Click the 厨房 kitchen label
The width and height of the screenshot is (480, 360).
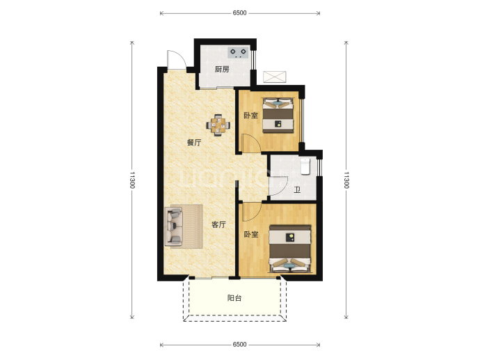[222, 70]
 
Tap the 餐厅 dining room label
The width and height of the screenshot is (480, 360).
[194, 143]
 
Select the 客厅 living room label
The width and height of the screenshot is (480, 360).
[219, 225]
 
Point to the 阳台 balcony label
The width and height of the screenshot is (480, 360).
[234, 298]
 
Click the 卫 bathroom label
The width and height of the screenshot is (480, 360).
[297, 190]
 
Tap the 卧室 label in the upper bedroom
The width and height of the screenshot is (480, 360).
[250, 116]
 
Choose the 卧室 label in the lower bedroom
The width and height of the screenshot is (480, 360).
[251, 235]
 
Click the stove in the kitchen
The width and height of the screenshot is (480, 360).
[238, 52]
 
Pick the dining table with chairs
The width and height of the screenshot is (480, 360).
[218, 125]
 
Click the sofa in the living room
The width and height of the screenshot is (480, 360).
[174, 226]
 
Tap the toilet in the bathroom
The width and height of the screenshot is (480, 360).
[305, 166]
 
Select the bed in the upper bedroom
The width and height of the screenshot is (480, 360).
[278, 115]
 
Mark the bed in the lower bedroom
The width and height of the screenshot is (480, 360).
[290, 249]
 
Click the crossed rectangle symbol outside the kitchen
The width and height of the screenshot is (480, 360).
[275, 77]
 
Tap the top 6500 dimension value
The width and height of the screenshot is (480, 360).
[239, 13]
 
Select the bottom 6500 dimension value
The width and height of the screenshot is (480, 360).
[239, 345]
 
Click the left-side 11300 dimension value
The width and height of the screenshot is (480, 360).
[132, 180]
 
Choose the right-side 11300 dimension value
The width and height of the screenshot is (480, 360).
[346, 180]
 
